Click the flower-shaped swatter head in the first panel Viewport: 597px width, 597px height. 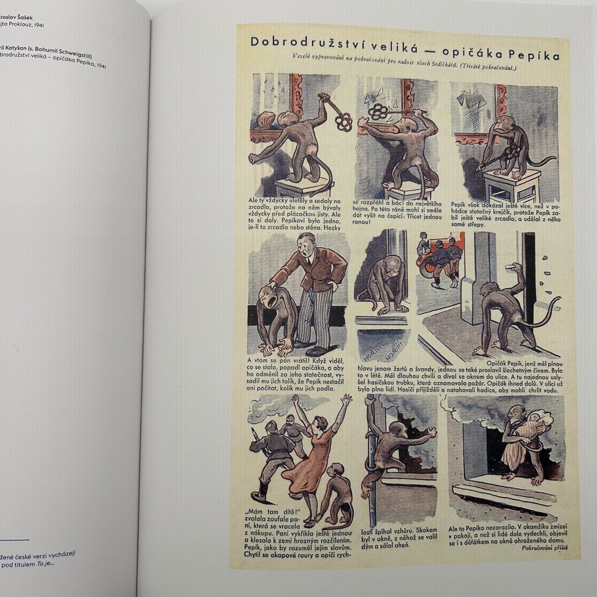(343, 121)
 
